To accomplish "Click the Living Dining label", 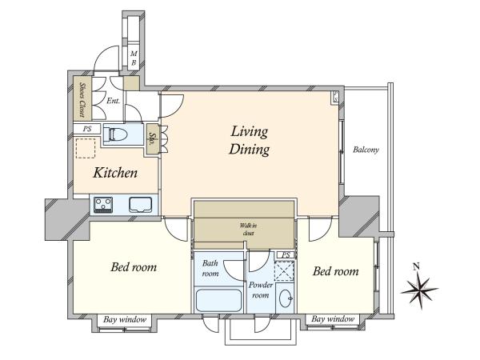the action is click(249, 141).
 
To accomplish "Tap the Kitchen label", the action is click(115, 173).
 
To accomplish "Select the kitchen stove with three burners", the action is click(103, 205).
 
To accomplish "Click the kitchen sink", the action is click(141, 205).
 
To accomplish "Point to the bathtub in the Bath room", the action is click(218, 300).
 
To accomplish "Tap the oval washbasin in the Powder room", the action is click(286, 298).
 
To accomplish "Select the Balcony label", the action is click(366, 150).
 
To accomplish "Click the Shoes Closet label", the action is click(82, 99).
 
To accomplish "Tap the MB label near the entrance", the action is click(134, 58).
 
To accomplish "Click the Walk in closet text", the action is click(248, 230).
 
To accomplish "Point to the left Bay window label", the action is click(125, 320).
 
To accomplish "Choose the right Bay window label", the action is click(333, 319).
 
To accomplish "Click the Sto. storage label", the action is click(151, 138).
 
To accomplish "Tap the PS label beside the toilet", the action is click(87, 129).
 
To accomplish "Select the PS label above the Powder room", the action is click(286, 254).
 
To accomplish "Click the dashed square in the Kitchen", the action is click(86, 148).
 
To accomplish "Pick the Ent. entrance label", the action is click(114, 101).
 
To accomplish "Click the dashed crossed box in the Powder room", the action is click(284, 271).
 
